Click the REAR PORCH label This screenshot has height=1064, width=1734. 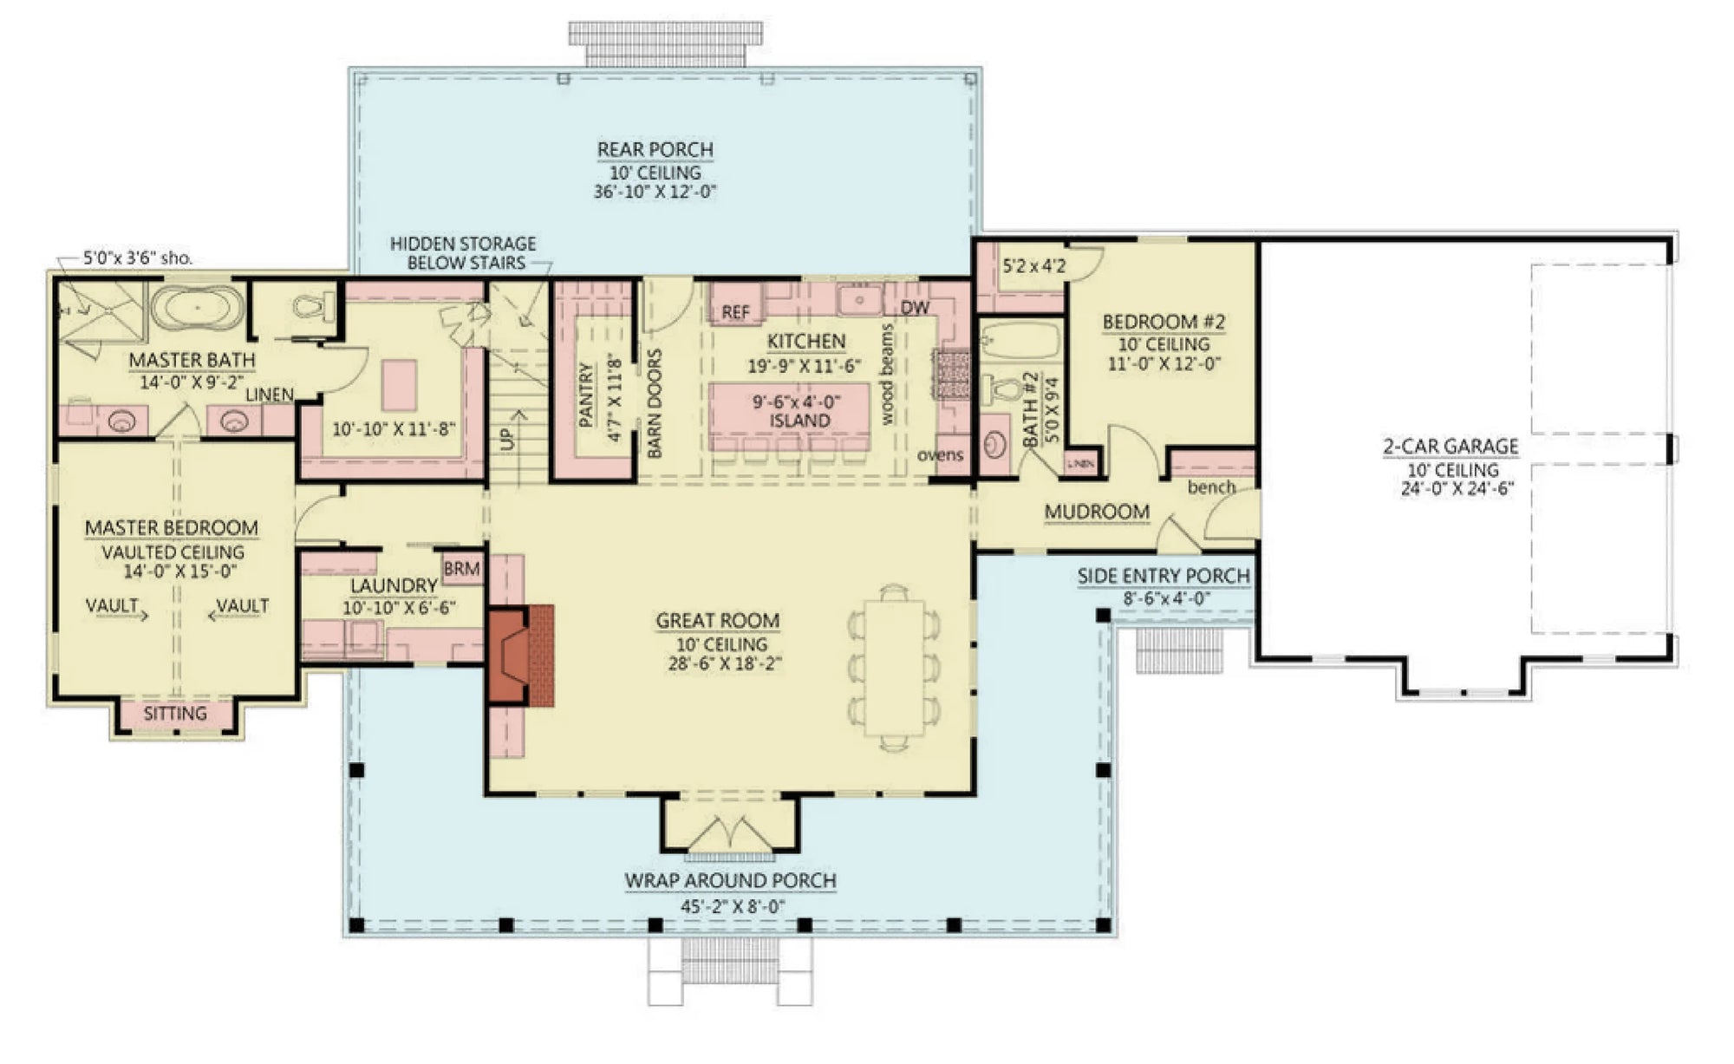point(655,149)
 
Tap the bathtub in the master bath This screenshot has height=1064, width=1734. point(197,307)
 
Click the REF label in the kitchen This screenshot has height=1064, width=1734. point(735,312)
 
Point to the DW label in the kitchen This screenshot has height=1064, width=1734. point(914,308)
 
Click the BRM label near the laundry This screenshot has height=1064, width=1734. point(461,569)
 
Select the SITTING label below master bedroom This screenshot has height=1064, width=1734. point(175,714)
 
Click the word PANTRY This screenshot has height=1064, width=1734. point(586,395)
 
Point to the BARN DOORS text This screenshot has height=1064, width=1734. point(655,403)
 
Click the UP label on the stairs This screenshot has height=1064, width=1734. point(507,438)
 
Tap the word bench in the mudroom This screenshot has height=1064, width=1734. point(1211,487)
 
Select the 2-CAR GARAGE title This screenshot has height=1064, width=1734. point(1450,447)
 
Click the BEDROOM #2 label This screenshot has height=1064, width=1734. point(1164,322)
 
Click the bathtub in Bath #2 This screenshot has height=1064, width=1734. point(1021,340)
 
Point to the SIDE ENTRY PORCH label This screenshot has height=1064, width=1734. point(1164,576)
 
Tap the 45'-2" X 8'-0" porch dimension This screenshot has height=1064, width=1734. point(733,907)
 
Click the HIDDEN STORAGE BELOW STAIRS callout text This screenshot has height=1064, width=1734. point(463,253)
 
